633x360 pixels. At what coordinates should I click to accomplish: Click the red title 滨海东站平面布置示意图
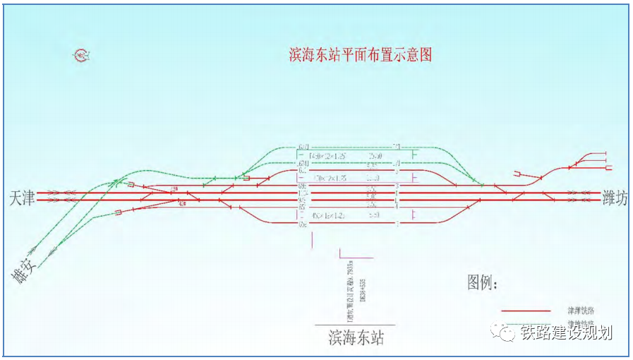(x=360, y=55)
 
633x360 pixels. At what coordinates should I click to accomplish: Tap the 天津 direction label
(x=22, y=197)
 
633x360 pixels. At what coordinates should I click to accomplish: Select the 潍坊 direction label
(x=614, y=197)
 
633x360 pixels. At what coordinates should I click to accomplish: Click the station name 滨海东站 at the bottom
(x=356, y=337)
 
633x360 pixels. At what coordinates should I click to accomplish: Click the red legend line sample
(x=525, y=310)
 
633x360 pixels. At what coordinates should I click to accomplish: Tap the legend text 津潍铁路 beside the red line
(x=579, y=310)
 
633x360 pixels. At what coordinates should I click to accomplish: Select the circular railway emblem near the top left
(x=81, y=54)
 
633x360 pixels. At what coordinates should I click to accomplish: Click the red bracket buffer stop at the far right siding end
(x=608, y=167)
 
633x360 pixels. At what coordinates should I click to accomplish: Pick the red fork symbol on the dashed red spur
(x=518, y=173)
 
